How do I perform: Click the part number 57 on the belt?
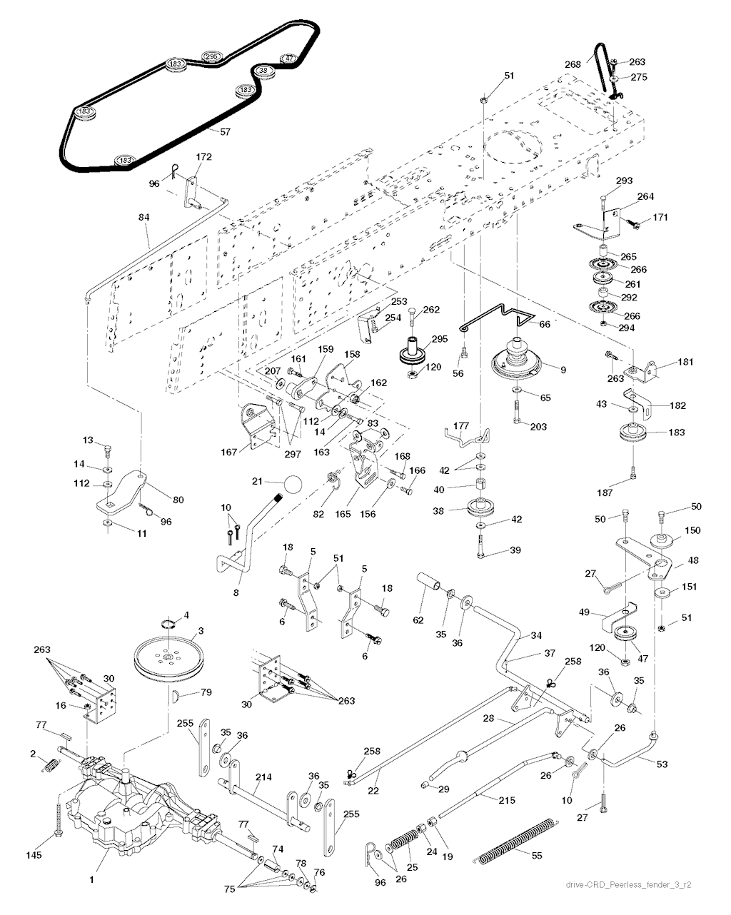(x=225, y=132)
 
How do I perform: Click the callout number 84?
(x=144, y=217)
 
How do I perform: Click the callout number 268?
(x=573, y=64)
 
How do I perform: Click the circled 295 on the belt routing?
(x=211, y=56)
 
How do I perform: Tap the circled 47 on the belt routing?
(x=289, y=59)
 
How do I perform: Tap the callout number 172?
(x=203, y=157)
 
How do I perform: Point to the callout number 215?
(x=506, y=800)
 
